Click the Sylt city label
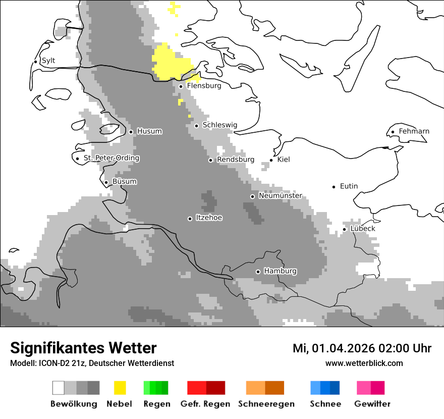(48, 61)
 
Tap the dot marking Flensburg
(181, 86)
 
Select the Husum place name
(149, 131)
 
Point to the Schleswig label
(219, 125)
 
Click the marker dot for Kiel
(271, 160)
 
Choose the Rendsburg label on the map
(235, 160)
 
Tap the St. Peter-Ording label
(111, 158)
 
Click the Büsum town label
(124, 182)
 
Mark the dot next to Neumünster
(252, 196)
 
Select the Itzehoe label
(209, 218)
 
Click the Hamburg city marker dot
(258, 272)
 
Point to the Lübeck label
(363, 229)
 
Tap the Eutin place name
(349, 186)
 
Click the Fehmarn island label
(414, 131)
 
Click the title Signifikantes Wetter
(83, 348)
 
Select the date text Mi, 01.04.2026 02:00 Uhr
(362, 348)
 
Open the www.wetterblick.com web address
(364, 363)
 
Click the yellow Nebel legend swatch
(120, 388)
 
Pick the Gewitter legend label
(372, 404)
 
